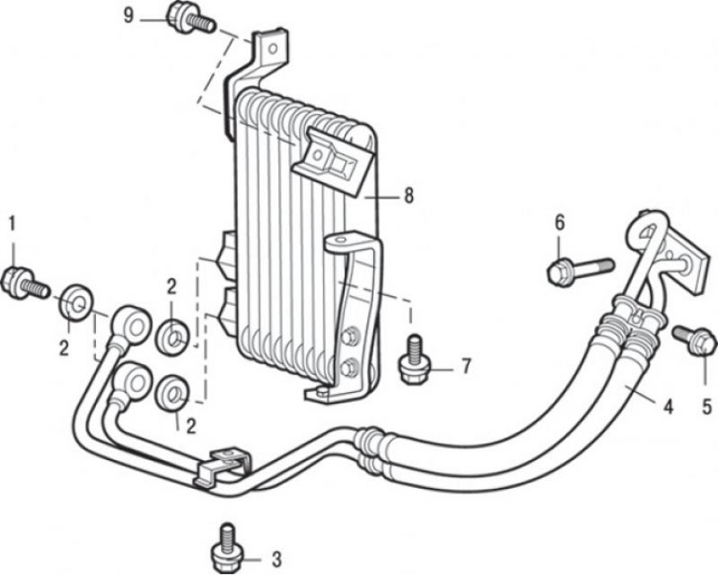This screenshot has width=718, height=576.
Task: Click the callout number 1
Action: pyautogui.click(x=13, y=222)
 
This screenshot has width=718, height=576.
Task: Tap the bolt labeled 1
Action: pyautogui.click(x=25, y=282)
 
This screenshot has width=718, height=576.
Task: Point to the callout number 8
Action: pyautogui.click(x=408, y=196)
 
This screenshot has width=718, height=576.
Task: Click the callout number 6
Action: pyautogui.click(x=558, y=223)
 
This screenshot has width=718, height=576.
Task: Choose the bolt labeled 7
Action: pyautogui.click(x=415, y=358)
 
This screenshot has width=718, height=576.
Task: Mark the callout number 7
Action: pyautogui.click(x=466, y=366)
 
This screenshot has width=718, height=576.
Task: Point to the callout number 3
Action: pyautogui.click(x=276, y=557)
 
